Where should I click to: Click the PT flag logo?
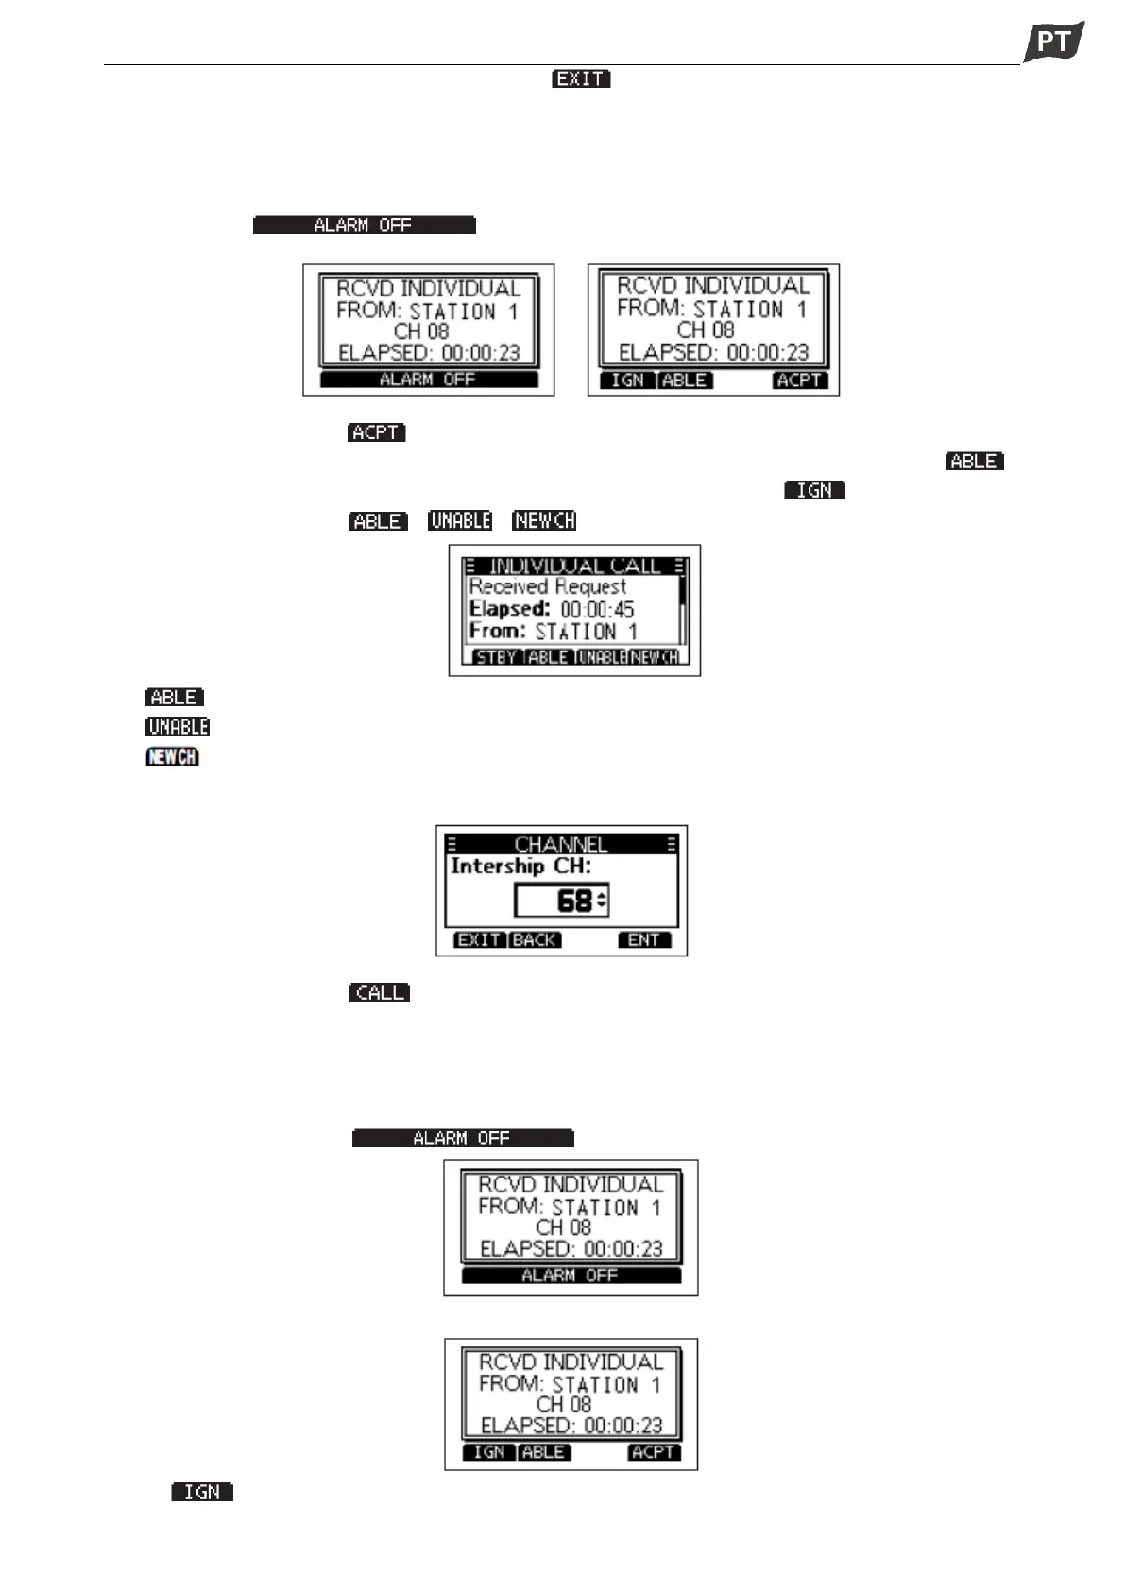[1054, 41]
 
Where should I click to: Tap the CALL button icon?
[379, 992]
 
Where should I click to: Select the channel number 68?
[573, 901]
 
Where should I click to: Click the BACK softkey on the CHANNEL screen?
[535, 940]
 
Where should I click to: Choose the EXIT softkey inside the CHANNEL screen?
[480, 940]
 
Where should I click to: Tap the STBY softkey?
[495, 657]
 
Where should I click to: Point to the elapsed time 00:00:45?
[597, 610]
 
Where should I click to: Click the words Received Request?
[547, 587]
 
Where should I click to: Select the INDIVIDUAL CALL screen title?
[574, 567]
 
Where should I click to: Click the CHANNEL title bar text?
[561, 844]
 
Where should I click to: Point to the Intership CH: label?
[520, 867]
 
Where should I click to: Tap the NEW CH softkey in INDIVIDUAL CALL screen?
[655, 657]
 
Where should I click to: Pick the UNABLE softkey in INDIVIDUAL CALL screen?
[602, 657]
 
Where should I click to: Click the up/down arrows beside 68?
[602, 901]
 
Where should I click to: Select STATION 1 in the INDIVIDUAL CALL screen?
[586, 632]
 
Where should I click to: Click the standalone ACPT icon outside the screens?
[376, 432]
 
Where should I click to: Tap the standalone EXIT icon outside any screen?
[581, 79]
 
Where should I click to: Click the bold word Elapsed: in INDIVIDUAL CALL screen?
[509, 610]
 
